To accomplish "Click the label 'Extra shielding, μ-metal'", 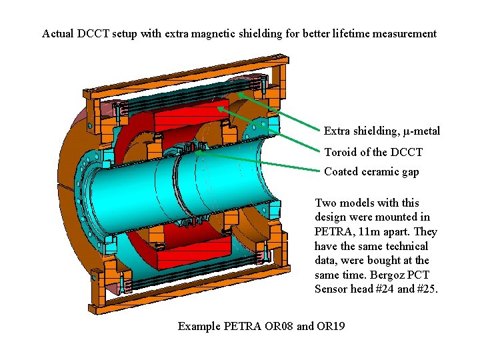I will click(382, 131).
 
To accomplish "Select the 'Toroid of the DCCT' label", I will click(373, 152).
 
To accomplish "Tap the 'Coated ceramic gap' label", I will click(371, 172).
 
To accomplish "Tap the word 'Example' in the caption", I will click(199, 326).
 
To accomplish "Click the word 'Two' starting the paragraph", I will click(325, 203).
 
